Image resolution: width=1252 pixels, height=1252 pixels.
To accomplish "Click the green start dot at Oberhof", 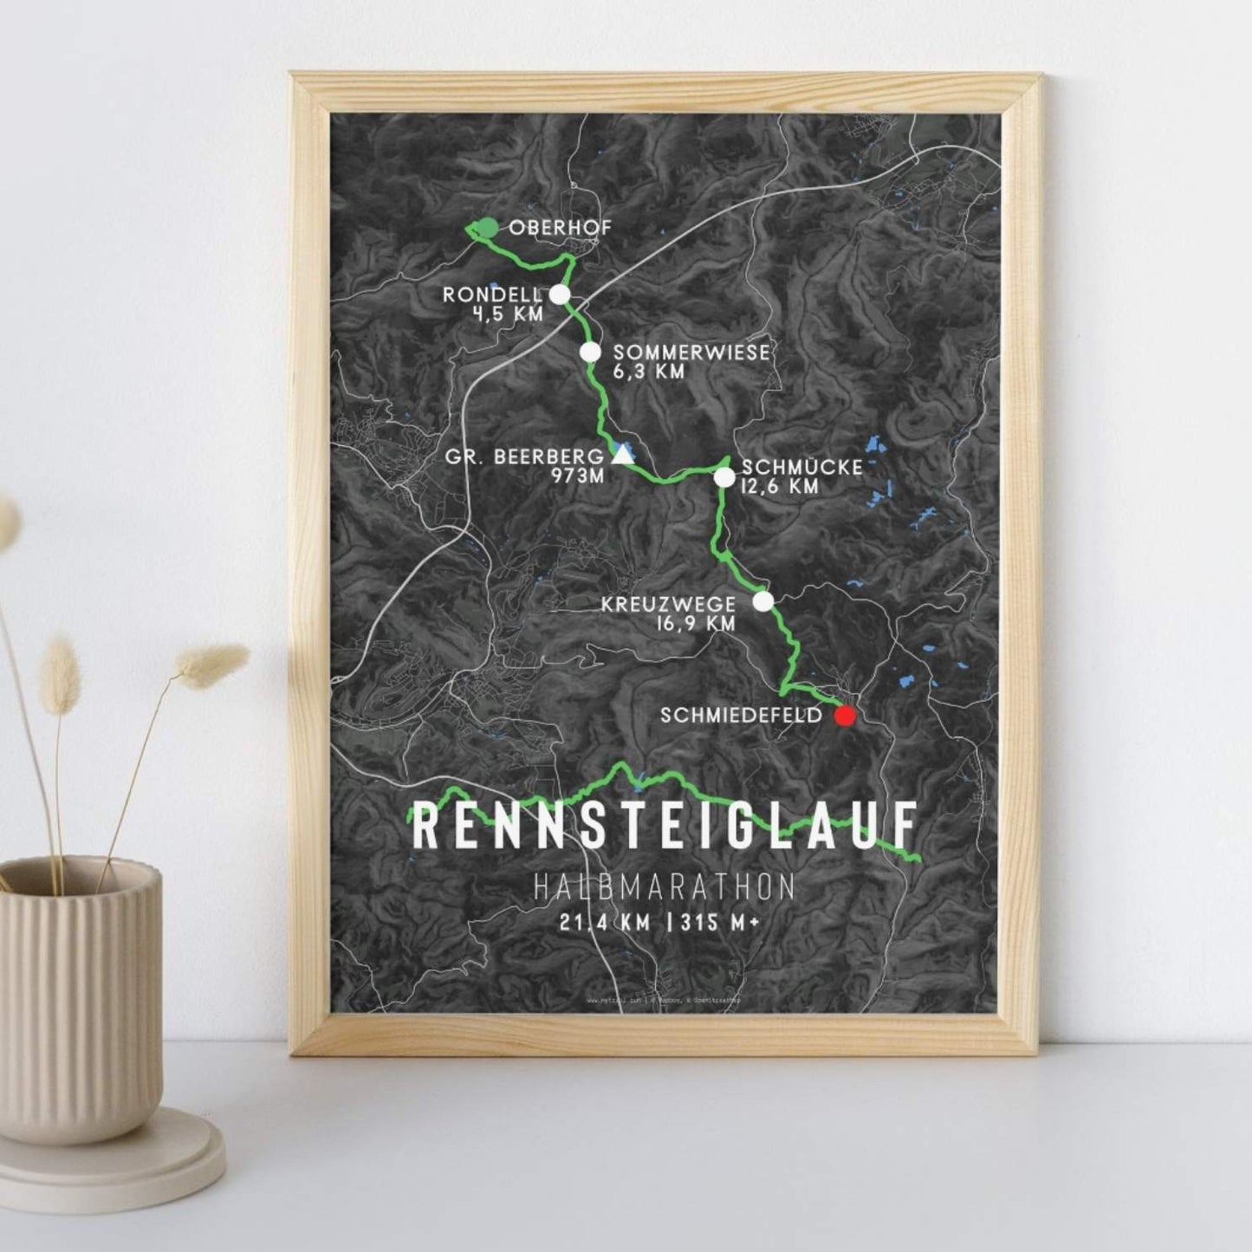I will point(489,227).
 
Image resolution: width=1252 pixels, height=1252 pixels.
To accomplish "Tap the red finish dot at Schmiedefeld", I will point(844,717).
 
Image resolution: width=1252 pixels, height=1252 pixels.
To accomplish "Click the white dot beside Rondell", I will point(560,295).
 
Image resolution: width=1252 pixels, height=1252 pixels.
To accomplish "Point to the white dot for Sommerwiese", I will point(590,352).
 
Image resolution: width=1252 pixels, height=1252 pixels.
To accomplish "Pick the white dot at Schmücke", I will point(724,477).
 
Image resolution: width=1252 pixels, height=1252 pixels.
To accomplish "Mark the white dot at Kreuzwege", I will point(762,601).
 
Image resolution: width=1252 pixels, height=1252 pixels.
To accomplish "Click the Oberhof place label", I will point(561,228).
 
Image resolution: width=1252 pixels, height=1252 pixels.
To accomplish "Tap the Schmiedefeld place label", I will point(741,717).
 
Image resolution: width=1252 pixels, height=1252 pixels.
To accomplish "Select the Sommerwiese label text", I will point(691,353).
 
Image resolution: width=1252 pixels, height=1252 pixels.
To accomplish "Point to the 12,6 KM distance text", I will point(779,487).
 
